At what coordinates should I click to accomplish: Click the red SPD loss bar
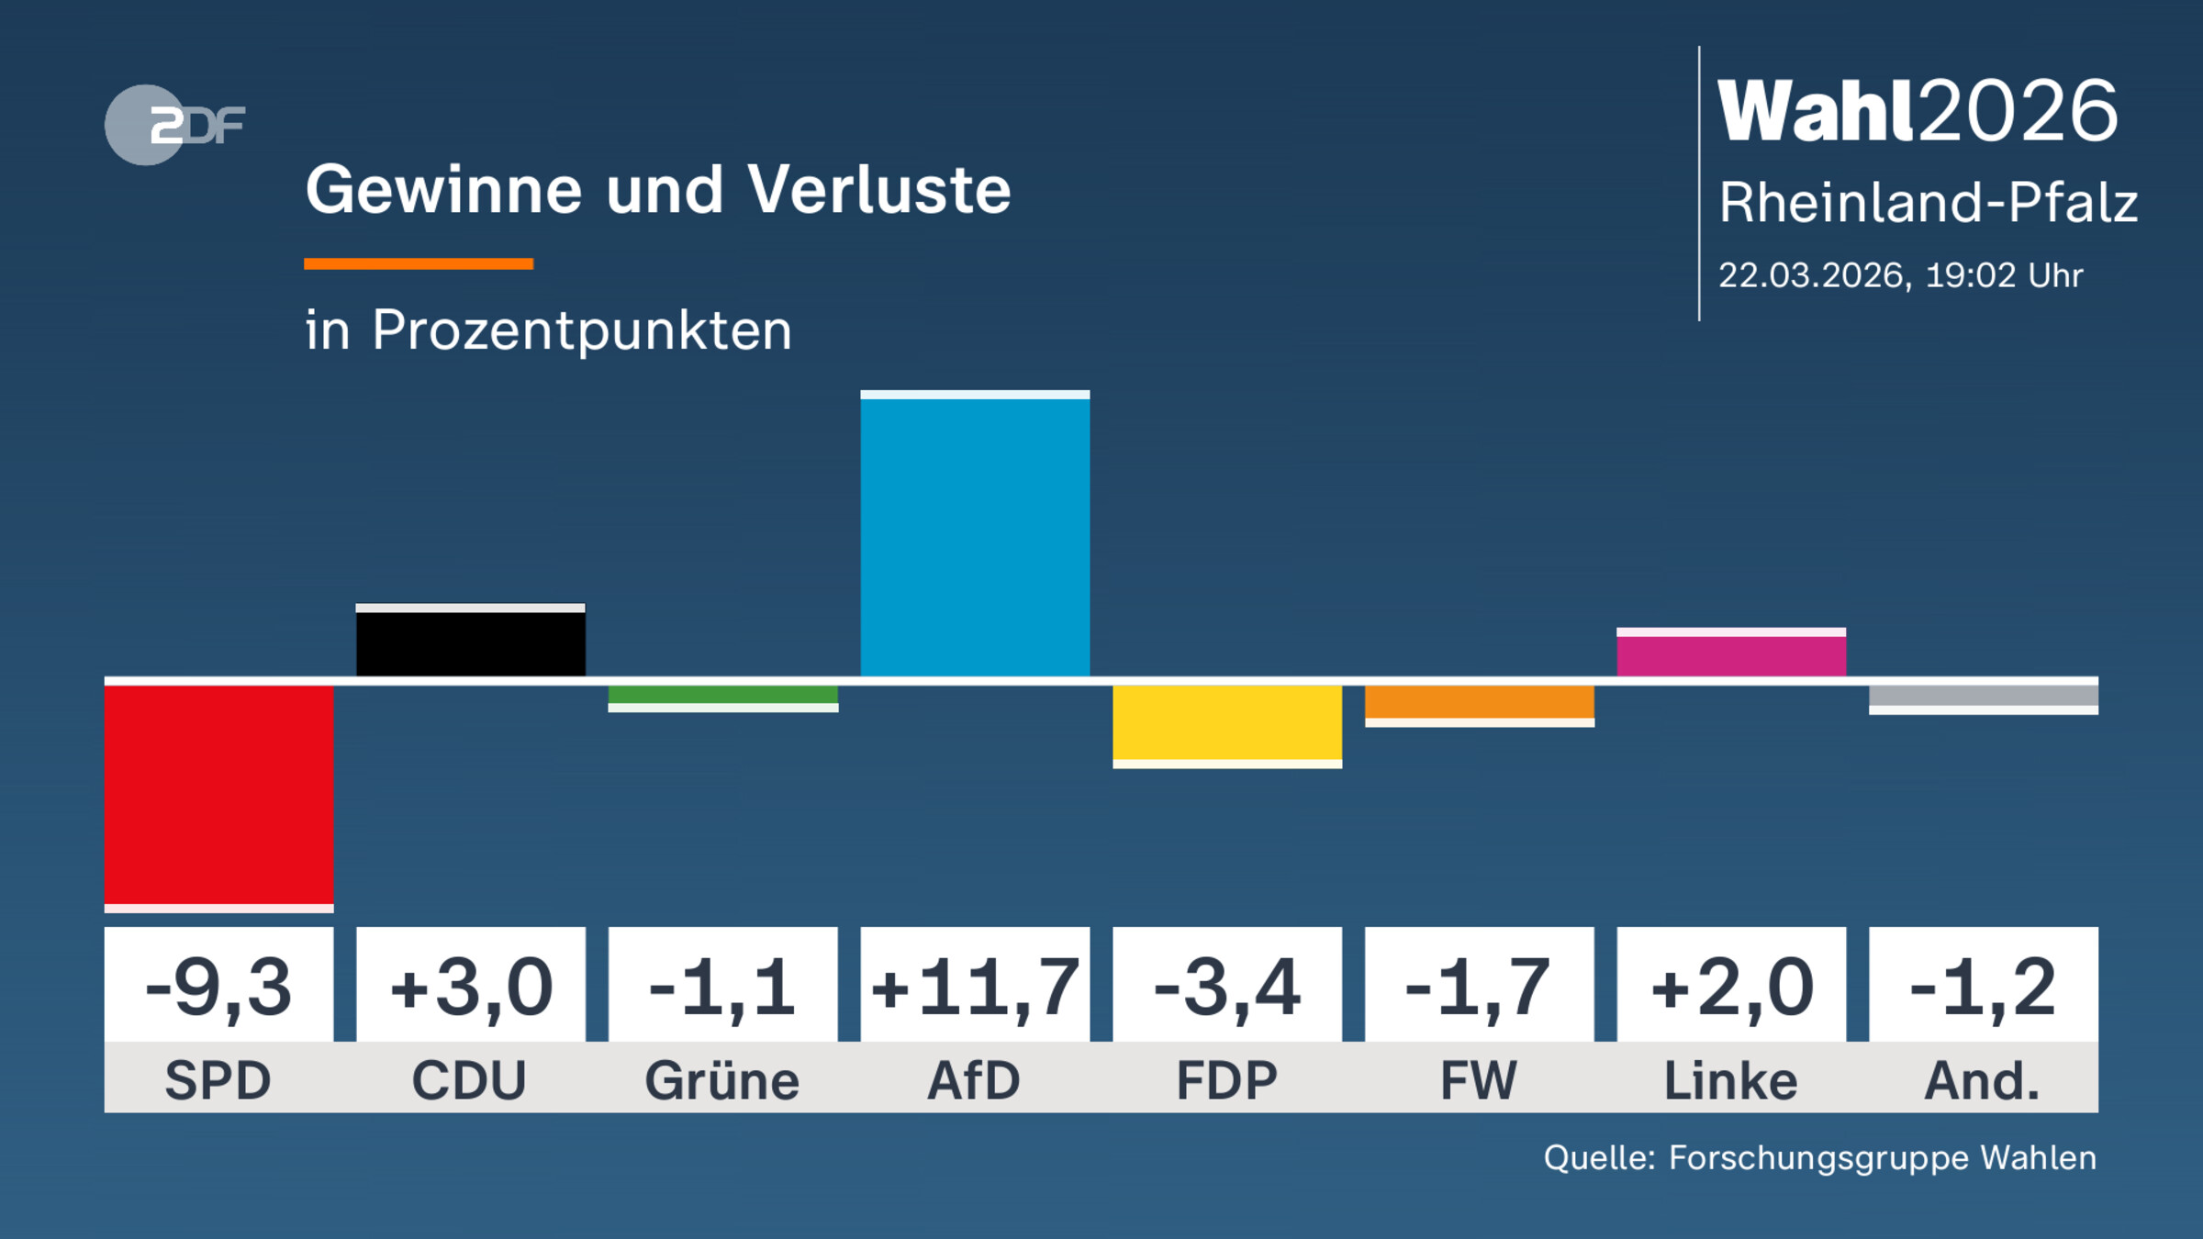pyautogui.click(x=218, y=795)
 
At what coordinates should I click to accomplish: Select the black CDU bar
pyautogui.click(x=470, y=642)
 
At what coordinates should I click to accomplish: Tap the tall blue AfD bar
pyautogui.click(x=975, y=537)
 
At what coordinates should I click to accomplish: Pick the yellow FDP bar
pyautogui.click(x=1227, y=723)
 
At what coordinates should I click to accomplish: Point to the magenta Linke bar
pyautogui.click(x=1731, y=655)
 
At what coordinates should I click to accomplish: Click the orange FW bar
pyautogui.click(x=1479, y=703)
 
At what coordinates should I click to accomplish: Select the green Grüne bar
pyautogui.click(x=722, y=696)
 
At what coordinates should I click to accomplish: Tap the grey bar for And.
pyautogui.click(x=1983, y=697)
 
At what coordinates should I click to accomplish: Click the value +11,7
pyautogui.click(x=975, y=988)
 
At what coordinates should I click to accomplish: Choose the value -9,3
pyautogui.click(x=218, y=988)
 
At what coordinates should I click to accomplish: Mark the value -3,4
pyautogui.click(x=1227, y=988)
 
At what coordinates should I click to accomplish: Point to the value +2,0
pyautogui.click(x=1731, y=988)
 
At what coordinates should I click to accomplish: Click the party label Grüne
pyautogui.click(x=722, y=1080)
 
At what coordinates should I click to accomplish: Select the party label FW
pyautogui.click(x=1479, y=1080)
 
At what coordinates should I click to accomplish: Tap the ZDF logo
pyautogui.click(x=174, y=125)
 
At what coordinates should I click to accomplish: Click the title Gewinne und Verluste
pyautogui.click(x=657, y=190)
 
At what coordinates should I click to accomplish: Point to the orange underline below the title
pyautogui.click(x=419, y=264)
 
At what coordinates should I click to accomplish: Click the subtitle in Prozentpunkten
pyautogui.click(x=548, y=330)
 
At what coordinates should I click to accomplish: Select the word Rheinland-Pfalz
pyautogui.click(x=1928, y=202)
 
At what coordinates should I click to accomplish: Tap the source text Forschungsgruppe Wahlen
pyautogui.click(x=1882, y=1158)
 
